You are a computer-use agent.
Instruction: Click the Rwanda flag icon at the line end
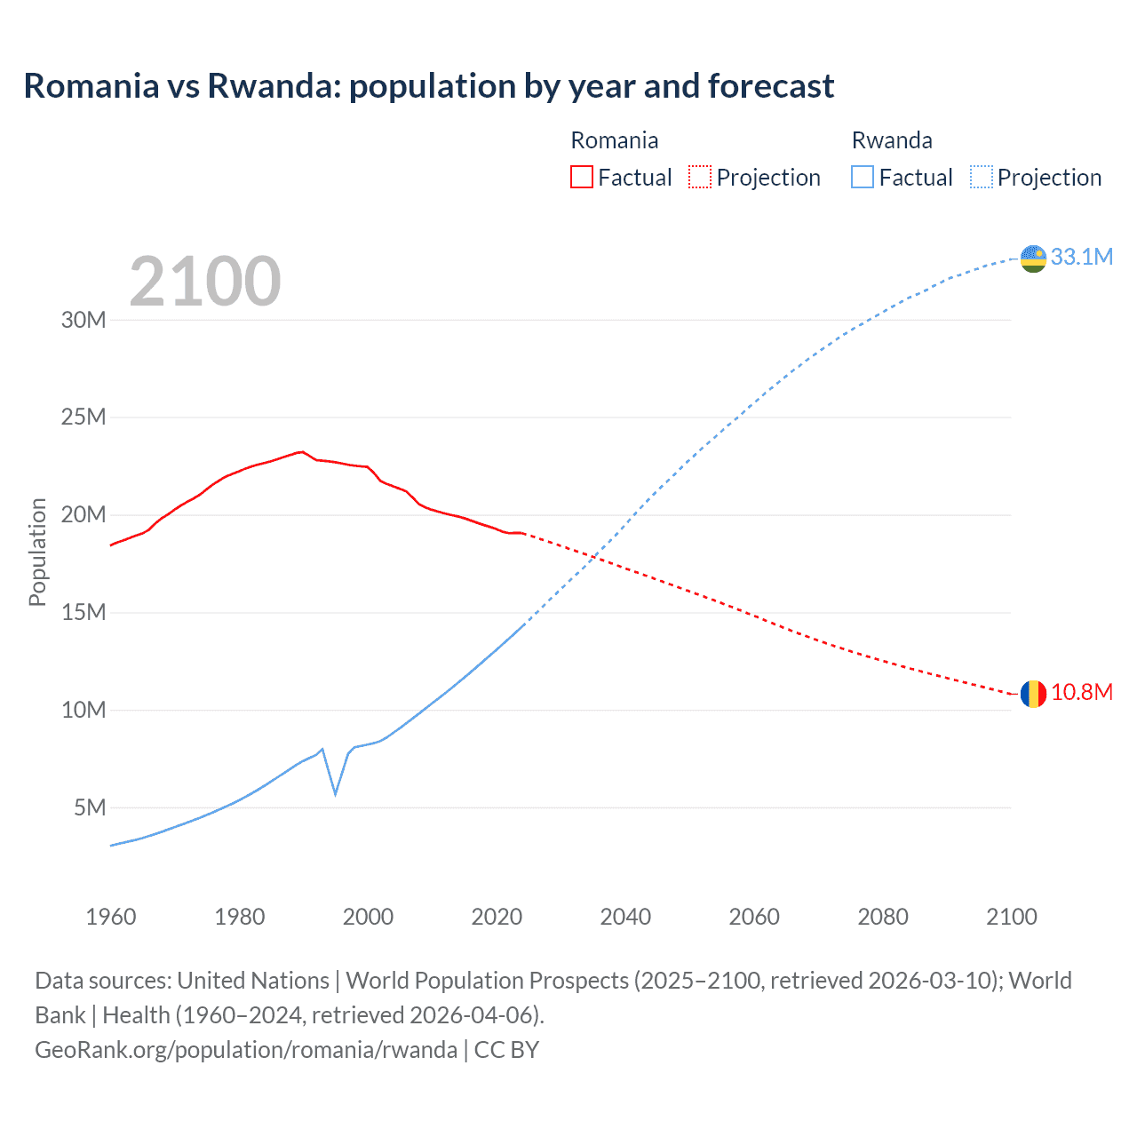tap(1033, 258)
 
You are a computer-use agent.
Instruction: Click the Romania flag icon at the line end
tap(1033, 694)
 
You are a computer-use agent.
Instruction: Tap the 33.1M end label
tap(1081, 257)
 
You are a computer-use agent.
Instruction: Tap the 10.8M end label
tap(1081, 692)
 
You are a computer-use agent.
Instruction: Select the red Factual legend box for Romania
tap(581, 177)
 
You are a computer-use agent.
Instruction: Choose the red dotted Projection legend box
tap(700, 177)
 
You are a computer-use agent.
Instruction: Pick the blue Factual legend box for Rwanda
tap(862, 177)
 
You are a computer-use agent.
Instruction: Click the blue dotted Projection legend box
tap(981, 177)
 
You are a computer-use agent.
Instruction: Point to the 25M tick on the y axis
tap(83, 417)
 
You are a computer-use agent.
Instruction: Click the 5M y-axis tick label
tap(90, 807)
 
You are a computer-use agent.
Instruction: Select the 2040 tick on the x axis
tap(625, 917)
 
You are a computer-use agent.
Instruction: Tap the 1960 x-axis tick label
tap(111, 917)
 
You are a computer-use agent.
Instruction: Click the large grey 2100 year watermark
tap(205, 282)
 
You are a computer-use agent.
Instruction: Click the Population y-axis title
tap(37, 552)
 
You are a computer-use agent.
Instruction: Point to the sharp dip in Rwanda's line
tap(335, 793)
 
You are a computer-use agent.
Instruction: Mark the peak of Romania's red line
tap(302, 451)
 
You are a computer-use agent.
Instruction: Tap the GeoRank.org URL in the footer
tap(245, 1049)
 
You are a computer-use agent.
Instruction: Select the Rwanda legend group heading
tap(891, 140)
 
